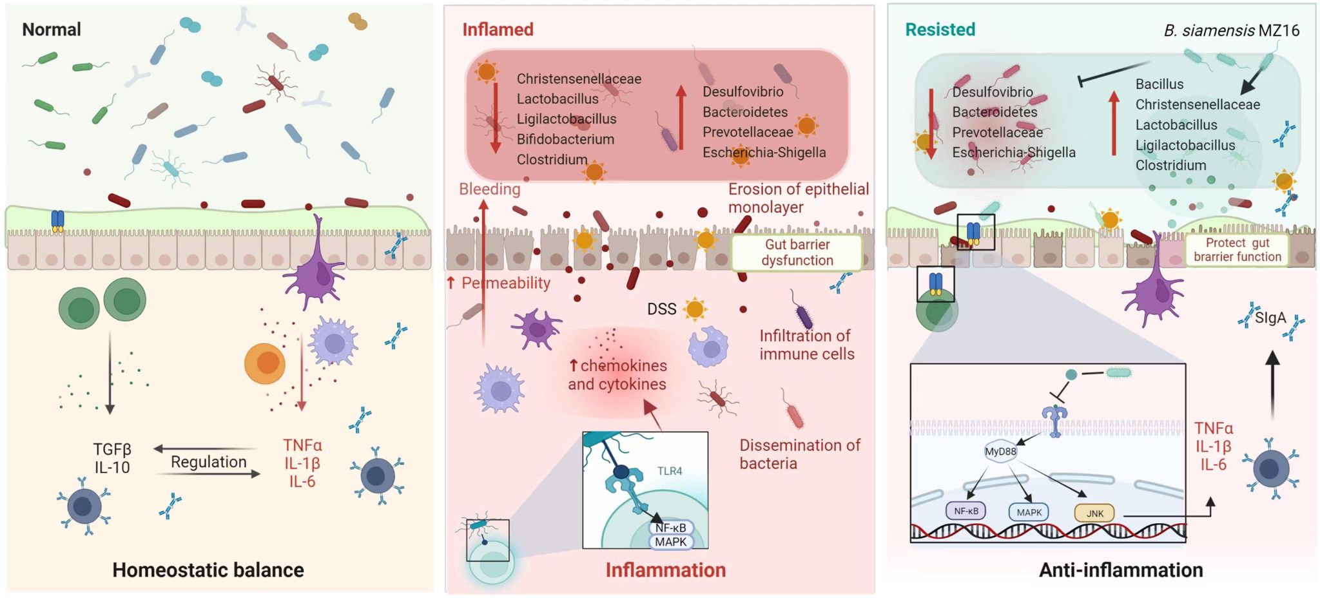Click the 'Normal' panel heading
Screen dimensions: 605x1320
[x=52, y=30]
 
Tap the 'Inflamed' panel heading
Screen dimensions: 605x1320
[x=498, y=30]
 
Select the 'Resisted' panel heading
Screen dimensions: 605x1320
[x=940, y=30]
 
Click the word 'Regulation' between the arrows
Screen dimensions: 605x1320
[x=208, y=462]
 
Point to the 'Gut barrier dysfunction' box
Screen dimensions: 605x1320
[x=797, y=253]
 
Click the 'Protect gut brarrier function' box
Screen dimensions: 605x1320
[x=1237, y=250]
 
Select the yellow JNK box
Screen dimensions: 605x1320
[x=1094, y=514]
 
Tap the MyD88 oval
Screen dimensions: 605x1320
[x=1000, y=452]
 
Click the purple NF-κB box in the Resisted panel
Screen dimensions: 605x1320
[x=966, y=511]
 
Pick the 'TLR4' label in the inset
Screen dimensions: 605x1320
[x=669, y=471]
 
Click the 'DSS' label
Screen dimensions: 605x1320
[x=661, y=309]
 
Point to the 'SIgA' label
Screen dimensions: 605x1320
[x=1270, y=318]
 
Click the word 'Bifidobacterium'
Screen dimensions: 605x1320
[x=565, y=139]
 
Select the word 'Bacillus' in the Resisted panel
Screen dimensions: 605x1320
[x=1159, y=84]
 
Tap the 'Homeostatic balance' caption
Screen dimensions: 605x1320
[x=208, y=570]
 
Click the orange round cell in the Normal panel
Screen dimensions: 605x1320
[x=265, y=363]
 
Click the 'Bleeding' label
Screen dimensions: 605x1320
[x=489, y=189]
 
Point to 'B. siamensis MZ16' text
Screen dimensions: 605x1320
[x=1231, y=30]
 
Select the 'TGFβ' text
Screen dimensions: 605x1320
[x=112, y=449]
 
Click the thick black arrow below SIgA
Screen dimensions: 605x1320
[x=1272, y=385]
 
